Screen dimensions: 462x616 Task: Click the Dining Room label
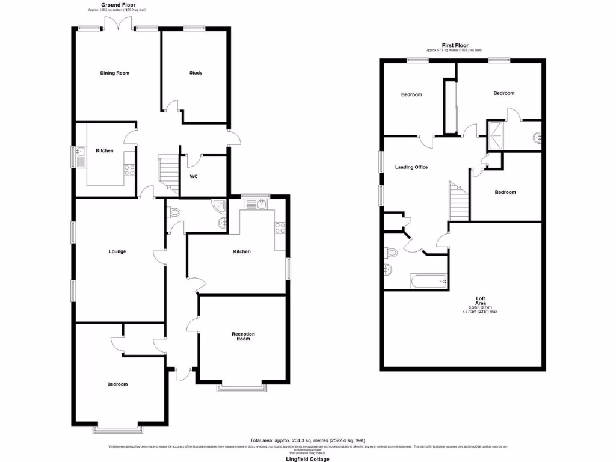(x=114, y=73)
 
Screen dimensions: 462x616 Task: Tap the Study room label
(x=196, y=73)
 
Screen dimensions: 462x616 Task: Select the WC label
(x=194, y=177)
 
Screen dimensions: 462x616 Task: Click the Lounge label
(x=117, y=251)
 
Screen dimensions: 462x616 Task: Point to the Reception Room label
(x=243, y=336)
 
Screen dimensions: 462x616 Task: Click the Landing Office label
(x=411, y=167)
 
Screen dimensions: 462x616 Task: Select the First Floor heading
(x=454, y=45)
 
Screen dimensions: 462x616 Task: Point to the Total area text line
(x=307, y=440)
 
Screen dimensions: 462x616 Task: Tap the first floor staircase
(x=459, y=202)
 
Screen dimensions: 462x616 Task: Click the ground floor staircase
(x=168, y=173)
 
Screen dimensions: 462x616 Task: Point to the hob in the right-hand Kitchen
(x=280, y=227)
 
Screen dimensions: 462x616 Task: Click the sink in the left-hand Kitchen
(x=80, y=158)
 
